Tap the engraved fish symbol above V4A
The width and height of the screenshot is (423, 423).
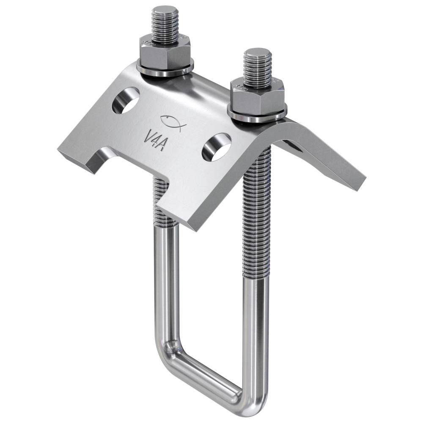(x=171, y=122)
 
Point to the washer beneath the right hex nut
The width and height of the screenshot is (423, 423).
(x=257, y=115)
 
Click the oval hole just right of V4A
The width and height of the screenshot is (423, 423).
(x=216, y=147)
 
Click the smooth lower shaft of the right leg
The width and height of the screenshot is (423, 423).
(x=255, y=330)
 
